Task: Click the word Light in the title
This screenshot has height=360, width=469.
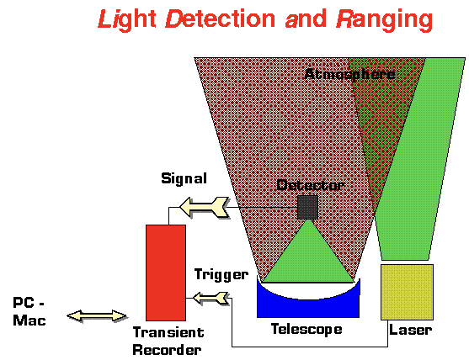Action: tap(127, 19)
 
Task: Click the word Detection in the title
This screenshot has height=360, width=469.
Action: tap(220, 19)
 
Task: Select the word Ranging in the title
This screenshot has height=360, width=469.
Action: tap(385, 20)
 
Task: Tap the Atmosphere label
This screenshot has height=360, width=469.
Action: tap(349, 74)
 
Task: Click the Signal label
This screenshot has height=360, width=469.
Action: tap(184, 178)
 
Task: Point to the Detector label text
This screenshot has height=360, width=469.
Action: tap(310, 185)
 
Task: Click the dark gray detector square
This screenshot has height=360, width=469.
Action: tap(308, 207)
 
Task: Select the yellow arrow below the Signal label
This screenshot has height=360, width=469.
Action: tap(205, 207)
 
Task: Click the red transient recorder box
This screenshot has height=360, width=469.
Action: tap(166, 273)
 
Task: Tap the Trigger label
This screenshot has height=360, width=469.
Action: tap(221, 274)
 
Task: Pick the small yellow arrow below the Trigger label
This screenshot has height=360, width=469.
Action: tap(211, 298)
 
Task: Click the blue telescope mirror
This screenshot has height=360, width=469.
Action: tap(308, 304)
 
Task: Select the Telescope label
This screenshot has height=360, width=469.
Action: tap(306, 329)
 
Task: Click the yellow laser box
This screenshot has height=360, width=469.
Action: tap(407, 292)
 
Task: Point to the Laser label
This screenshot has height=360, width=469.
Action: tap(410, 330)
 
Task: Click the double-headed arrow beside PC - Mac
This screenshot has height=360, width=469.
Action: tap(97, 315)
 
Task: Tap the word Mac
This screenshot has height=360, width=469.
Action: tap(29, 320)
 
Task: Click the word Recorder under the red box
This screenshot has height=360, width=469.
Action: tap(167, 350)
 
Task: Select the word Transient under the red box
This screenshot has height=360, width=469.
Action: tap(168, 332)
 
